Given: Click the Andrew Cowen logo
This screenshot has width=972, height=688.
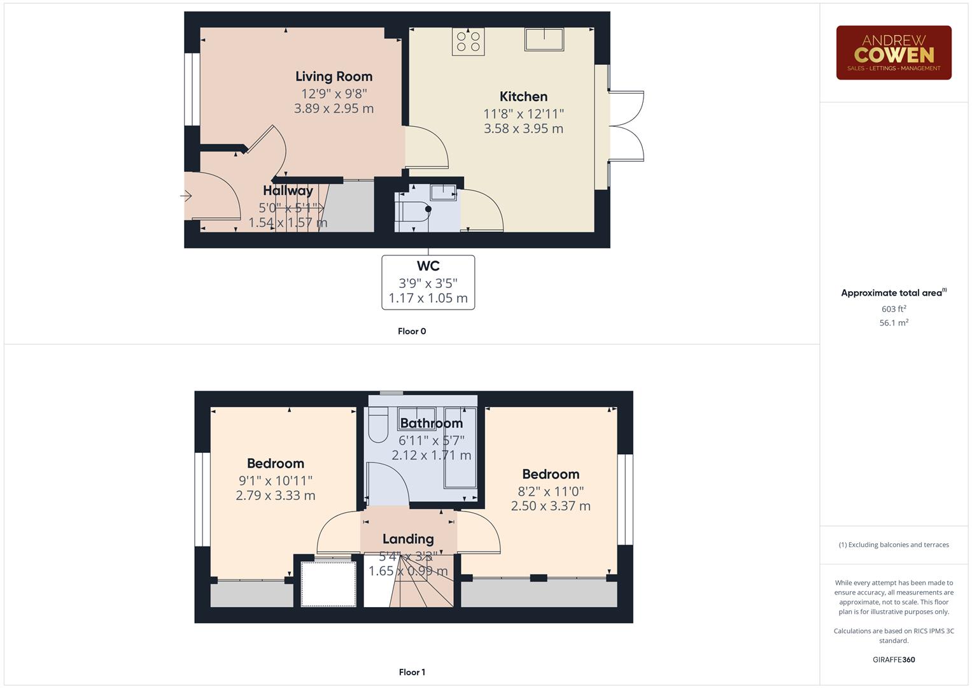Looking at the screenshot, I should point(893,53).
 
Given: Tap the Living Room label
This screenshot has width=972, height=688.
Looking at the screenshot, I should point(334,76).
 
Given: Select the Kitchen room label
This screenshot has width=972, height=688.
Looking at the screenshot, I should point(523,97).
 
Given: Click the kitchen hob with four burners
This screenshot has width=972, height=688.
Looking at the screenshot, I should point(468,41).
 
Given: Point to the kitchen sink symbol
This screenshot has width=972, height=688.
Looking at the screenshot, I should point(544,39).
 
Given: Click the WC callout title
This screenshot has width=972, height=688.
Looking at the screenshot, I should point(428,266).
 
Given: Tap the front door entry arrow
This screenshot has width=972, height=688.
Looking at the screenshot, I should point(187,196).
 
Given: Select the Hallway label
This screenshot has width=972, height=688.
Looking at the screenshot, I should point(288,190).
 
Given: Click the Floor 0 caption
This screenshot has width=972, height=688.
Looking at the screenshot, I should point(412,331).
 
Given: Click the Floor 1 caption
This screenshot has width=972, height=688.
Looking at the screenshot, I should point(412,672).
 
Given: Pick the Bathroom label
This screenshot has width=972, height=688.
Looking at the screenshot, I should point(431,424).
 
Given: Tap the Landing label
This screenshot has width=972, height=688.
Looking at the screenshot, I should point(408,539).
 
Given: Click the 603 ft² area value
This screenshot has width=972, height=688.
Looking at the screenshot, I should point(893,309).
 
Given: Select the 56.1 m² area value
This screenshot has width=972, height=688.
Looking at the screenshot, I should point(893,323).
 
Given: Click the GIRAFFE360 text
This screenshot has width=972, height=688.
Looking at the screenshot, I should point(893,660).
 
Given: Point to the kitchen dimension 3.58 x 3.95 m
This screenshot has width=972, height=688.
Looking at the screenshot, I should point(523,129).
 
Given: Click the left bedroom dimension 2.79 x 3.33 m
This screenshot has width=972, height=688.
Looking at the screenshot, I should point(275,496).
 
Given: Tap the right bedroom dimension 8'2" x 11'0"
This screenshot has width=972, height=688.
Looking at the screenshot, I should point(550,491).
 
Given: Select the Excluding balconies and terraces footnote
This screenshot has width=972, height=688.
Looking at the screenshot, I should point(893,545).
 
